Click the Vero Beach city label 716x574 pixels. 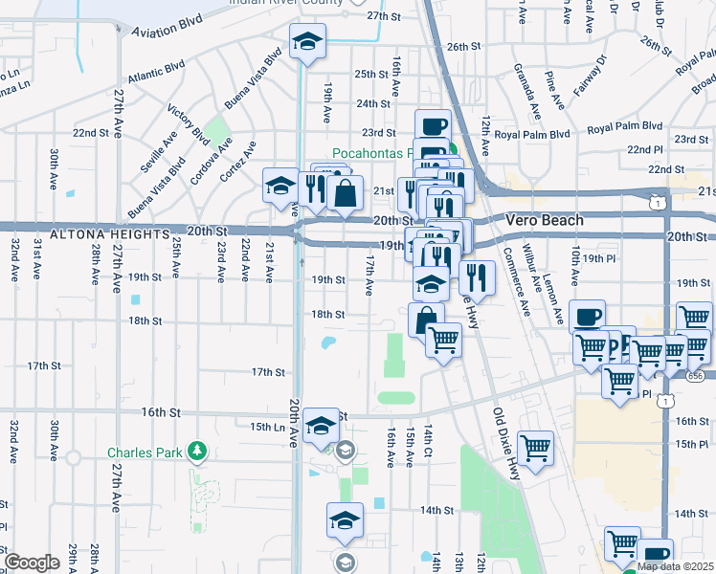(x=544, y=220)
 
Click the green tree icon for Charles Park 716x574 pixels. (x=196, y=451)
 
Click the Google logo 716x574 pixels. (x=32, y=563)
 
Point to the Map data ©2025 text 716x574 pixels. (x=675, y=566)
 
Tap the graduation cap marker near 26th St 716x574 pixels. (x=308, y=42)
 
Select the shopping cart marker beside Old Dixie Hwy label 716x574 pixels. (x=535, y=448)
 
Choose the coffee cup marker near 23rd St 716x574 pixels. (x=433, y=126)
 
